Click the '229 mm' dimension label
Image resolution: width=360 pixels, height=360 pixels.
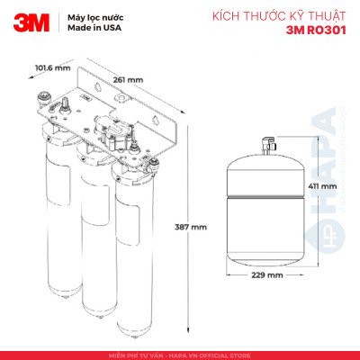point(267,274)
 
